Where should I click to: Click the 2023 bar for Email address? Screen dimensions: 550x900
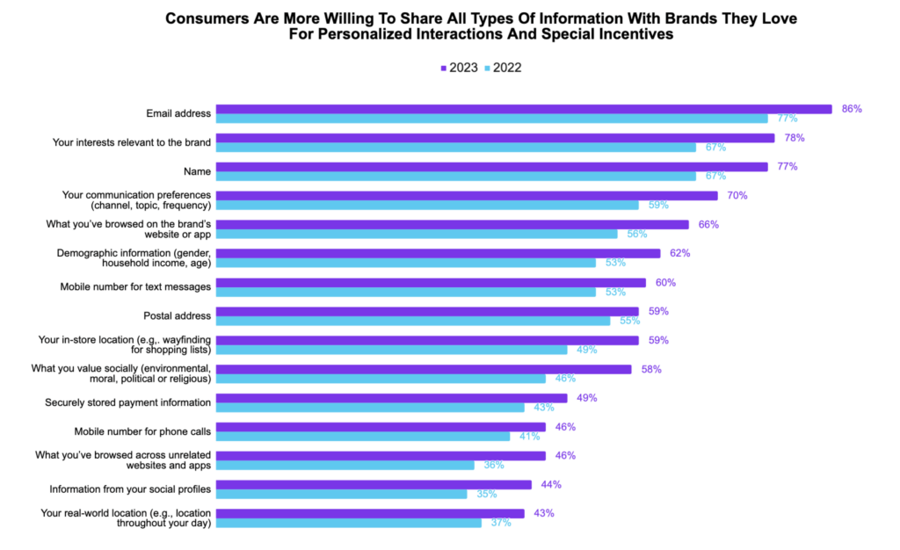tap(524, 109)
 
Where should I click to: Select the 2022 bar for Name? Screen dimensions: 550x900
tap(455, 176)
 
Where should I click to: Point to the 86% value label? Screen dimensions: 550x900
tap(852, 109)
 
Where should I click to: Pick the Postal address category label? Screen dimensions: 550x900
tap(177, 315)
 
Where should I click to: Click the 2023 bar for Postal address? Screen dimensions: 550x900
tap(427, 311)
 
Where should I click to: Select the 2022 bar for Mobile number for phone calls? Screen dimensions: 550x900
tap(362, 436)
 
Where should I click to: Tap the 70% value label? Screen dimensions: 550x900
tap(737, 195)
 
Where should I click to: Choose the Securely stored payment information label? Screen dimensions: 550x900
tap(128, 402)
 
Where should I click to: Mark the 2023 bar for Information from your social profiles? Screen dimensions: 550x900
tap(374, 484)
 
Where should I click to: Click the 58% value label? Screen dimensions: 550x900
tap(650, 369)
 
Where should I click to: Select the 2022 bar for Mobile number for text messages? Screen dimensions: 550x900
tap(405, 292)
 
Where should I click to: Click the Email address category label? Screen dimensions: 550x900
tap(178, 113)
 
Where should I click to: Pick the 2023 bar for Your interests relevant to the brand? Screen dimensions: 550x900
tap(495, 138)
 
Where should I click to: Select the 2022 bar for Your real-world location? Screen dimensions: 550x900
tap(348, 523)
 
